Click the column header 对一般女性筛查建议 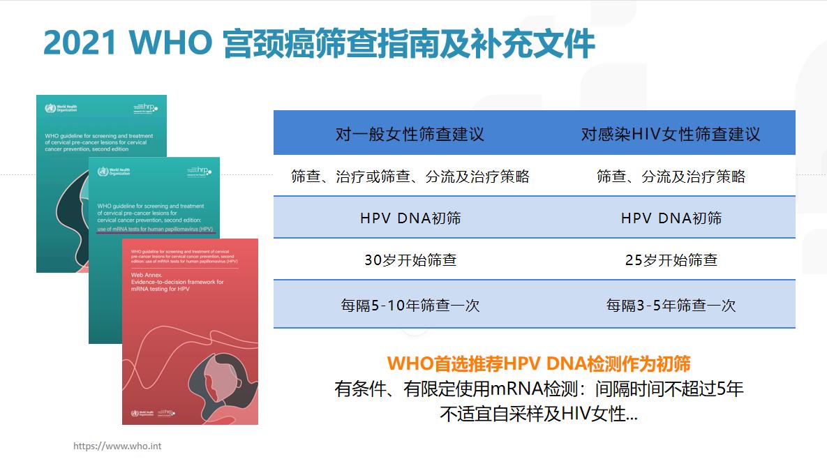[x=410, y=134]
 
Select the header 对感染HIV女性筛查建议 [x=671, y=134]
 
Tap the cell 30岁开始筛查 [x=410, y=260]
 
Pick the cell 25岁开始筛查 [x=671, y=260]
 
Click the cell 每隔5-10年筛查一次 [x=410, y=305]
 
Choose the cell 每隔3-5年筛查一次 [x=671, y=305]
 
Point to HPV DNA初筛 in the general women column [x=410, y=218]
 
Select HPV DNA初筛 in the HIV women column [x=671, y=218]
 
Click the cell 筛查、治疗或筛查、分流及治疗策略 [x=410, y=176]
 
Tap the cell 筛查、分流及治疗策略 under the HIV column [x=671, y=176]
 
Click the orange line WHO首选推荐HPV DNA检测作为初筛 [x=539, y=364]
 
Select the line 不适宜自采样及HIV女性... [x=539, y=414]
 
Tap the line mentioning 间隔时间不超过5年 [x=539, y=389]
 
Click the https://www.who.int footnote [x=117, y=446]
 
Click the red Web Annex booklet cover [x=190, y=349]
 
